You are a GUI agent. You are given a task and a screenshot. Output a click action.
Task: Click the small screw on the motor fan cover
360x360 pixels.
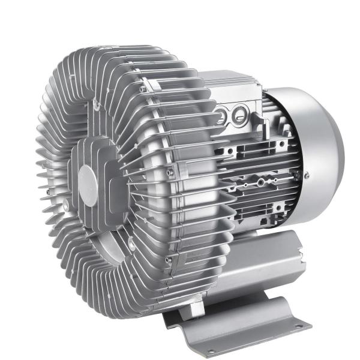[307, 176]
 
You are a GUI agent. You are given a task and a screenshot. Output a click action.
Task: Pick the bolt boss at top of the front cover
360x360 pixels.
[95, 105]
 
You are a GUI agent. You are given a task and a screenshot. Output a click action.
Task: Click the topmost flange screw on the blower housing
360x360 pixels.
[143, 90]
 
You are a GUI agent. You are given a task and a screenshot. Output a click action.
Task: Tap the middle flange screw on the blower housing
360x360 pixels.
[169, 172]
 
